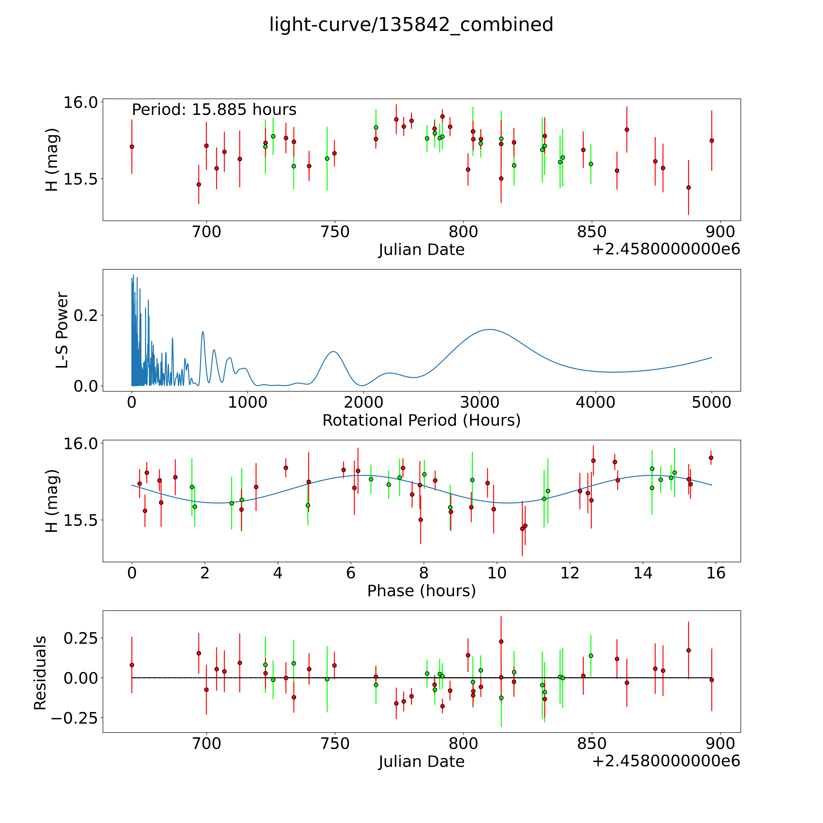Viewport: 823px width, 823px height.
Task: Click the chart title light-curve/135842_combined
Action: pyautogui.click(x=411, y=25)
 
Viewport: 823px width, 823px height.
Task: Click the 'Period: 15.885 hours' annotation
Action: pyautogui.click(x=214, y=110)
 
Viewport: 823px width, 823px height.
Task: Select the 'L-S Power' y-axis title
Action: pyautogui.click(x=62, y=330)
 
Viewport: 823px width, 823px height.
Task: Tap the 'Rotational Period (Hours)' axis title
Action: pyautogui.click(x=421, y=420)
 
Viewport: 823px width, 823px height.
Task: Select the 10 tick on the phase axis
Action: pyautogui.click(x=497, y=573)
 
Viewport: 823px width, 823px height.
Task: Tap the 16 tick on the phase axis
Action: pyautogui.click(x=716, y=573)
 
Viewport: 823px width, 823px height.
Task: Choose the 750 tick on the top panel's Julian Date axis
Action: pyautogui.click(x=335, y=232)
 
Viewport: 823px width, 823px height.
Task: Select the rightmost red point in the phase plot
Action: pyautogui.click(x=711, y=458)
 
